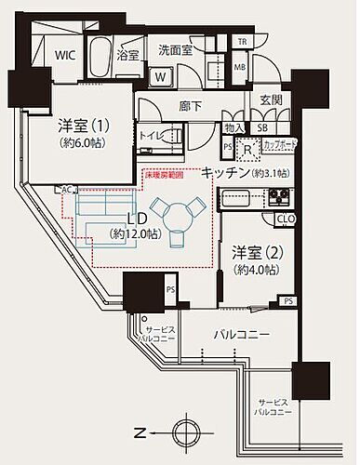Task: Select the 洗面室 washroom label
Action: pos(174,50)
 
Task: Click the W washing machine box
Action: pos(161,76)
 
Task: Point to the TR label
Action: pos(242,43)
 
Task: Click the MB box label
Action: pos(240,68)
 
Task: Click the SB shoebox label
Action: pos(262,127)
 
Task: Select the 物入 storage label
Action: pos(234,127)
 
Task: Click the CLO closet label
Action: pos(287,219)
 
